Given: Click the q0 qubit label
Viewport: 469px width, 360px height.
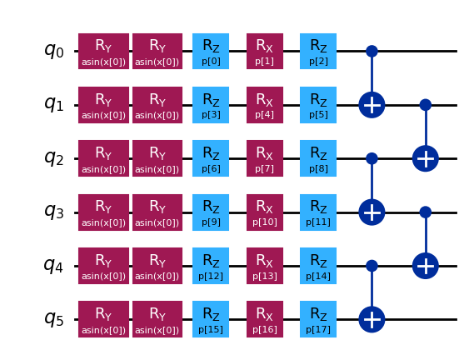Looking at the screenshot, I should [53, 51].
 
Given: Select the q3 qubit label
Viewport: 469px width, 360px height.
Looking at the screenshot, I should [53, 212].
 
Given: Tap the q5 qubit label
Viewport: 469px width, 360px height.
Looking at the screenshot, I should [53, 319].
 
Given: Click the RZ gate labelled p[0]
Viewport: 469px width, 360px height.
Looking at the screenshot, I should [211, 51].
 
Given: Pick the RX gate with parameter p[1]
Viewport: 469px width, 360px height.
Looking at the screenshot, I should [264, 51].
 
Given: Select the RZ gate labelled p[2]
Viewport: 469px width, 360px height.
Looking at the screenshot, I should [318, 51].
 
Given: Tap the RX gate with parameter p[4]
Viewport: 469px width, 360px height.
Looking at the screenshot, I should [264, 105].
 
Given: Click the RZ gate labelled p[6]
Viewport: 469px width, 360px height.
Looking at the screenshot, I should [211, 158].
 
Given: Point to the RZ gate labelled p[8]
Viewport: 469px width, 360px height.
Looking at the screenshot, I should [318, 158].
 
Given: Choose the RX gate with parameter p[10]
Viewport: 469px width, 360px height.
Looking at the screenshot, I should [264, 212].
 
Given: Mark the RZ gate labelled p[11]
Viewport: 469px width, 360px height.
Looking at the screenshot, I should [318, 212].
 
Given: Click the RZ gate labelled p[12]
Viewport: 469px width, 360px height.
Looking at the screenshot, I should [211, 266].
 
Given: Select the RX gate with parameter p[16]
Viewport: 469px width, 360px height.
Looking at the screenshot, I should [264, 319].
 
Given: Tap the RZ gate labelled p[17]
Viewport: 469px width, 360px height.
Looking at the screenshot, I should [318, 319].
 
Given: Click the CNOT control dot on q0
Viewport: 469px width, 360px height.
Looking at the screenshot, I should [372, 51].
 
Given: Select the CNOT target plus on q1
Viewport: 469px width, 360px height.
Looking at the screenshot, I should [372, 105].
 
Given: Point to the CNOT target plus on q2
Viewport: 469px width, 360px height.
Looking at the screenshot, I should [425, 158].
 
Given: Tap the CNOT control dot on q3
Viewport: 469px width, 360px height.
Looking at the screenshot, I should [425, 212].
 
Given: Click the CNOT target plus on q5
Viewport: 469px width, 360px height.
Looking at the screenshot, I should [372, 319].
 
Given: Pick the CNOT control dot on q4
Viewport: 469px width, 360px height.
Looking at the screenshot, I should [372, 266].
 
